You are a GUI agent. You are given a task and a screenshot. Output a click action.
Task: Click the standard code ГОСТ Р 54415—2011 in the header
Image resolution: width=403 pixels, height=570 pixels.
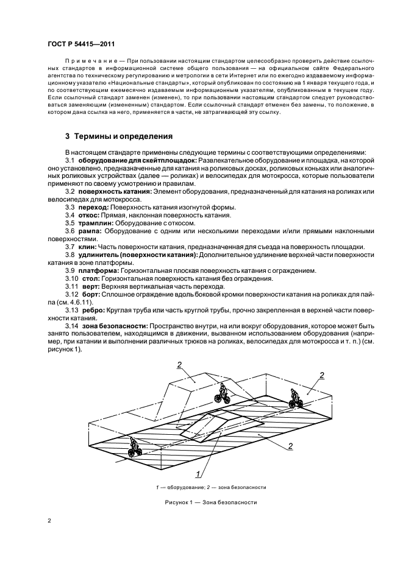(81, 44)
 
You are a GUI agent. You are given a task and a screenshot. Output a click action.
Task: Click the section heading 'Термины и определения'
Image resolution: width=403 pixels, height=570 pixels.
(118, 136)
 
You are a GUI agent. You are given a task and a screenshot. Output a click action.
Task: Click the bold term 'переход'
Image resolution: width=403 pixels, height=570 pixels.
(94, 208)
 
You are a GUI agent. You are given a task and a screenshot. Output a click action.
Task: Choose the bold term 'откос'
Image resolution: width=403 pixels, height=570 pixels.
(91, 216)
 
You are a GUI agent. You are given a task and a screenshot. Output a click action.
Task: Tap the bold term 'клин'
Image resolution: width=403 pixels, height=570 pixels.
(88, 247)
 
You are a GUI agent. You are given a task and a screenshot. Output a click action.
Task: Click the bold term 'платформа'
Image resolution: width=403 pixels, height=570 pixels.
(99, 270)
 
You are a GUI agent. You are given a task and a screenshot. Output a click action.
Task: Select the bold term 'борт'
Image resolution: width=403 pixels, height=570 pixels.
(91, 294)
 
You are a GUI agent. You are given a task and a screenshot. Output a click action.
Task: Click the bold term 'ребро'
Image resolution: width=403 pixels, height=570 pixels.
(92, 310)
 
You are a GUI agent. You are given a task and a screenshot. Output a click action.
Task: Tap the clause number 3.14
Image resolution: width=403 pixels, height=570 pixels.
(72, 326)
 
